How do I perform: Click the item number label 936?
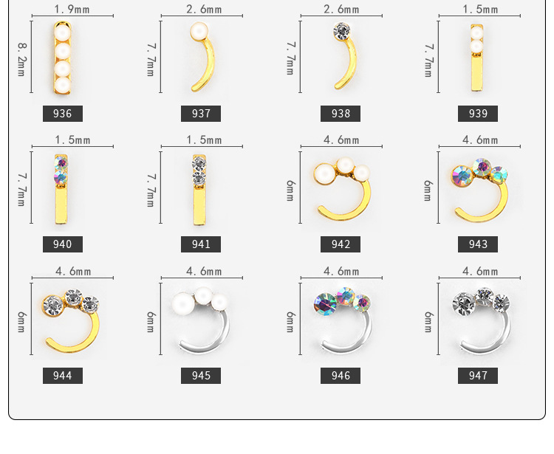[x=63, y=114]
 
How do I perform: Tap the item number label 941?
[x=201, y=244]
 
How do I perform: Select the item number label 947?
[x=478, y=376]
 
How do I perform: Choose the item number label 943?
[x=478, y=244]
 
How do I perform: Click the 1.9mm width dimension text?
[x=72, y=9]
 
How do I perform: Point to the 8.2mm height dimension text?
[x=21, y=60]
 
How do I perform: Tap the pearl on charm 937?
[x=199, y=31]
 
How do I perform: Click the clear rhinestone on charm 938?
[x=342, y=31]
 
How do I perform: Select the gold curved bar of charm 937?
[x=207, y=65]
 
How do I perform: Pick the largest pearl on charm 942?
[x=324, y=173]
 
